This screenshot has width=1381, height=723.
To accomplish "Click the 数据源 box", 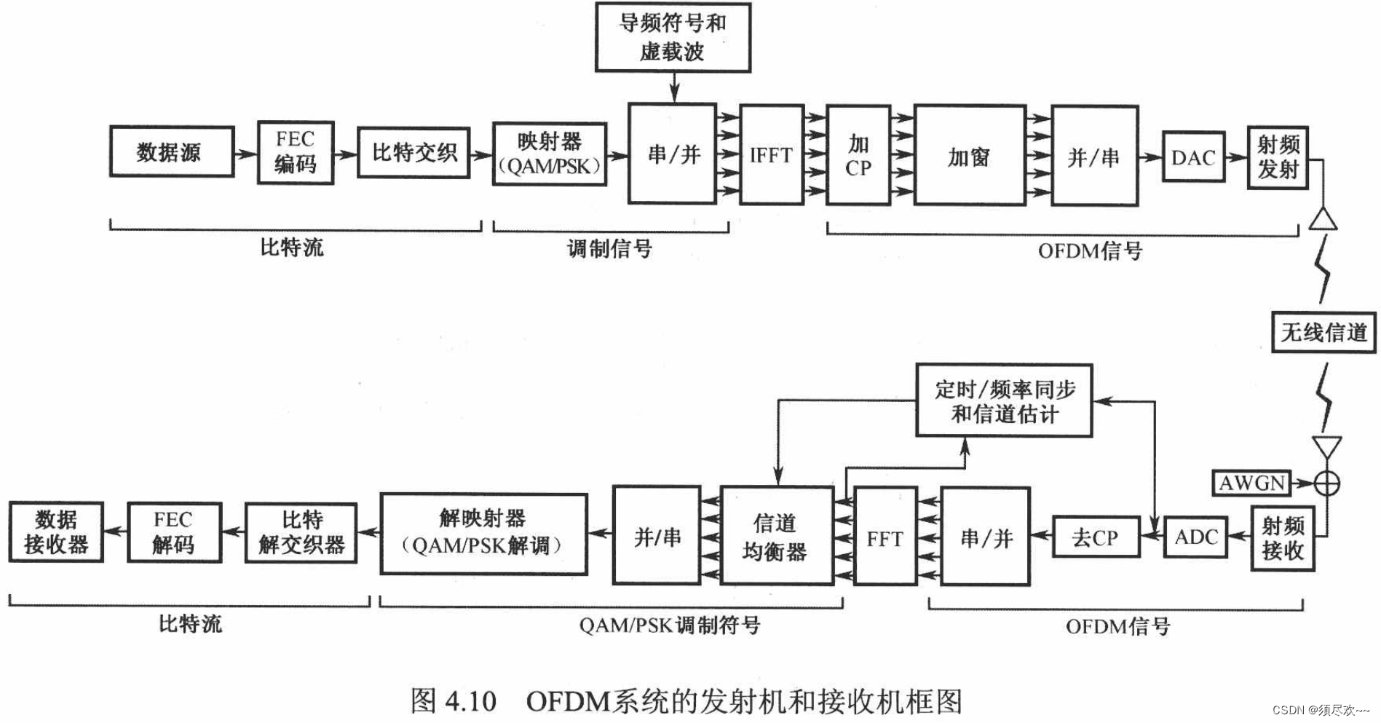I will point(172,151).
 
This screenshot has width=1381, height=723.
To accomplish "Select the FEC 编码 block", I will point(296,152).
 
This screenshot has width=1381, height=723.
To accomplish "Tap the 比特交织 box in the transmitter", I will point(413,152).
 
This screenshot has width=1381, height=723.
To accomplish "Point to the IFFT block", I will point(772,154).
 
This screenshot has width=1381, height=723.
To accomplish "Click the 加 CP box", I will point(858,155).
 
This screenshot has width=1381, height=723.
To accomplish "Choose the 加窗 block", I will point(970,155).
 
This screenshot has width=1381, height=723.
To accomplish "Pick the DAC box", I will point(1193,157).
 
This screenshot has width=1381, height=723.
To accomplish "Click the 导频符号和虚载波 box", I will point(673,37).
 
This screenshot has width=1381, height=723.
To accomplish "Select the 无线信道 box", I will point(1323,332).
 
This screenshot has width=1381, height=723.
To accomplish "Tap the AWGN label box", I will point(1251,483).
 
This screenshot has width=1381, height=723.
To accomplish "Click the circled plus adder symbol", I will point(1326,483).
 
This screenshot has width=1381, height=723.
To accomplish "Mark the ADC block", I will point(1195,537).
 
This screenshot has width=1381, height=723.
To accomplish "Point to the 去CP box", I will point(1096,537).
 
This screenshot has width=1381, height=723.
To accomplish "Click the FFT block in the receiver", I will point(885,537).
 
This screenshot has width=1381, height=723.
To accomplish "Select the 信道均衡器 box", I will point(776,537).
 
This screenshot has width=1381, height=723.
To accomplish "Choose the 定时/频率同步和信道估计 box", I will point(1004,400).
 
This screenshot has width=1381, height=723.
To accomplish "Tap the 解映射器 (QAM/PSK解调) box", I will point(483,534).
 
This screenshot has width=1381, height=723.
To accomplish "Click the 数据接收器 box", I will point(56,532).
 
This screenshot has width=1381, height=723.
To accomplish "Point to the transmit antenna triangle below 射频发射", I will point(1323,219).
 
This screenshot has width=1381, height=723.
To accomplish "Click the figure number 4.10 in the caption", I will point(470,701).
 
